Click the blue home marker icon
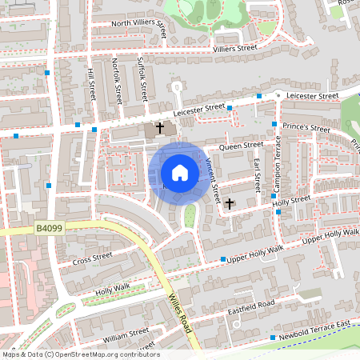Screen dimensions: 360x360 tap(180, 172)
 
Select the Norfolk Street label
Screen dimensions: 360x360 tap(117, 83)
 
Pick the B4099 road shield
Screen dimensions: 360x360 tap(50, 229)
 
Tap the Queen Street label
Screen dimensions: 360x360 tap(241, 146)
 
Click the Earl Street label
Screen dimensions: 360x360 tap(257, 175)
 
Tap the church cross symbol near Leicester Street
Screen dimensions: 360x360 tap(159, 127)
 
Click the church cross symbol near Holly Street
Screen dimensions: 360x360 tap(230, 203)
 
